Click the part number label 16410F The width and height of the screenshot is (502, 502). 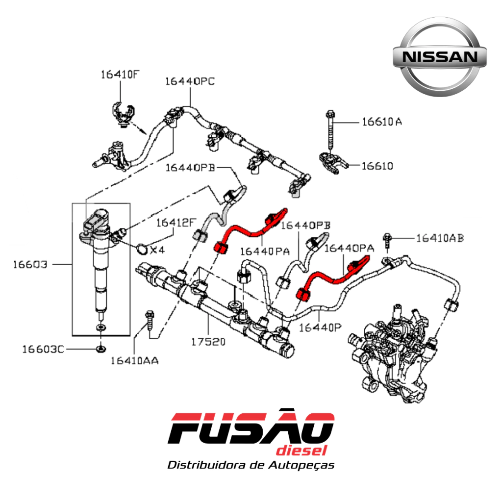120,75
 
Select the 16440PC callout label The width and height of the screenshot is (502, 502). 190,81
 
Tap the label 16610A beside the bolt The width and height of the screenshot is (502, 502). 382,122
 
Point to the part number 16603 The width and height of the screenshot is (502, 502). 30,264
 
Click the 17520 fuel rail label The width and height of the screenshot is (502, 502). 208,342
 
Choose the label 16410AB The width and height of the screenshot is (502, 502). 440,238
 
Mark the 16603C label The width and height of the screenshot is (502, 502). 43,349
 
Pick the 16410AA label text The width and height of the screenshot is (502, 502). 134,361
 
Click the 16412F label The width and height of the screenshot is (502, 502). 176,223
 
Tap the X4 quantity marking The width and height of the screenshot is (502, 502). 157,250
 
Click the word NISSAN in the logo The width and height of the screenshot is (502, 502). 440,57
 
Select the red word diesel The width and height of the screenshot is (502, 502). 301,451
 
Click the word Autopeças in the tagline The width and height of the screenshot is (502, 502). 301,465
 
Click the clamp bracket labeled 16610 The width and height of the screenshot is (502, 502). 333,163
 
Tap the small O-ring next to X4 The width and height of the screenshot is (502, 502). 142,249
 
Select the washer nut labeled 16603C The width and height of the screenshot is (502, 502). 101,349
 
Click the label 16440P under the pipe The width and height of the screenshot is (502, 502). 320,327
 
